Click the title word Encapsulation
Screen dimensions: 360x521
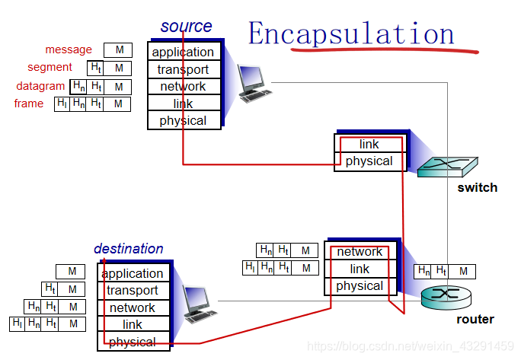click(x=351, y=33)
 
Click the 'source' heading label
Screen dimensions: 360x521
click(x=186, y=26)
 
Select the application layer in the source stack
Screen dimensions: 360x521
click(x=183, y=52)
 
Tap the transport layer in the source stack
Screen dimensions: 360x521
click(x=183, y=69)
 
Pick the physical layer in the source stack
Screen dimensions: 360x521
click(x=183, y=120)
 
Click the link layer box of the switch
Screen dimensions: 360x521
click(x=369, y=144)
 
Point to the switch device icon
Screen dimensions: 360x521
click(x=448, y=166)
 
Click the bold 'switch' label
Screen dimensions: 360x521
click(x=477, y=188)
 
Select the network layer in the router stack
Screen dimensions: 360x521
click(x=360, y=252)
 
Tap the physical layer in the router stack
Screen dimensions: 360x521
click(x=360, y=286)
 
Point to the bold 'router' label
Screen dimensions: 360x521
click(x=475, y=320)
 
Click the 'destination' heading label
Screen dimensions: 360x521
click(x=128, y=249)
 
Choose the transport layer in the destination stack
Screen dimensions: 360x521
click(x=133, y=290)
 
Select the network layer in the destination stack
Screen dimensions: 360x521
click(x=133, y=307)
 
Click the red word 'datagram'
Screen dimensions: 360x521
click(x=40, y=86)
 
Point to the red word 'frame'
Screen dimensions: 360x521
click(x=29, y=104)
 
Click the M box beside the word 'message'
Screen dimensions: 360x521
click(x=118, y=50)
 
